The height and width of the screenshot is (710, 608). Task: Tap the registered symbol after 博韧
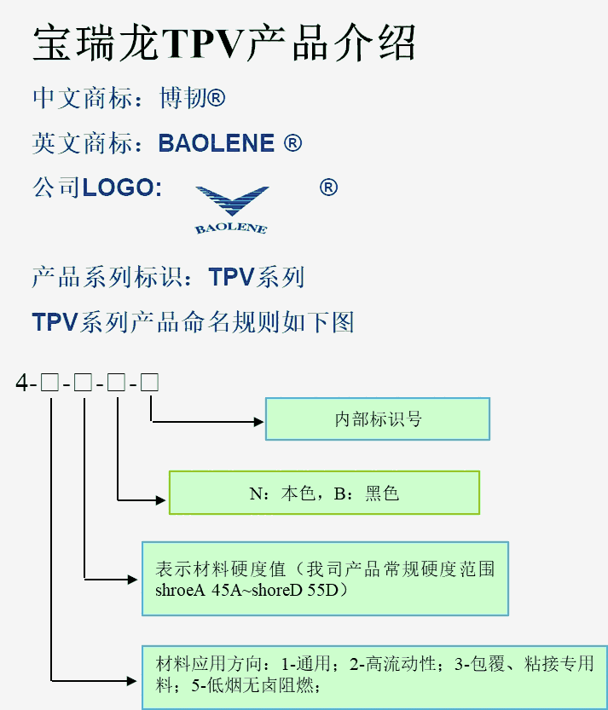(217, 99)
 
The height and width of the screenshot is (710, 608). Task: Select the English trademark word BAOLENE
(217, 143)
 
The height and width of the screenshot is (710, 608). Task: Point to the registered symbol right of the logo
(328, 188)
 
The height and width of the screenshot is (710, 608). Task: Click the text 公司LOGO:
(97, 188)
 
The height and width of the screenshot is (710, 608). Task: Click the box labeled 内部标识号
(377, 419)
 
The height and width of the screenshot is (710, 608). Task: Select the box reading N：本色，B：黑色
(324, 493)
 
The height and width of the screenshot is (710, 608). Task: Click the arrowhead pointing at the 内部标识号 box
(258, 420)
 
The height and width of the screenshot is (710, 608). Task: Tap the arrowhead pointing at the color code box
(162, 499)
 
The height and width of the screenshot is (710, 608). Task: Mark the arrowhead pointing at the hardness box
(134, 579)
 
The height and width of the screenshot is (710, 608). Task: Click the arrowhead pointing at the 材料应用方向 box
(134, 680)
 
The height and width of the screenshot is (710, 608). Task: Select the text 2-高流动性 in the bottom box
(393, 664)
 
